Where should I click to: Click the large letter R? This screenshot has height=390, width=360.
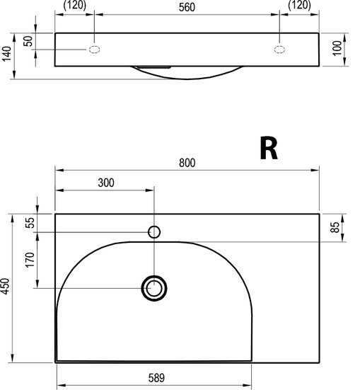point(268,149)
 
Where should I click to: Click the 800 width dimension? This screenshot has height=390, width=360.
point(187,163)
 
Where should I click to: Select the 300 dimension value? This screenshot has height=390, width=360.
point(105,183)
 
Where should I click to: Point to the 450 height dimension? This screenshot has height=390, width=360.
point(6,287)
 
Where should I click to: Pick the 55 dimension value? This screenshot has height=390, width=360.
point(29,223)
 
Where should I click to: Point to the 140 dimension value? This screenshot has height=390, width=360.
point(6,55)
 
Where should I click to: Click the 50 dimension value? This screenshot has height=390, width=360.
point(28,40)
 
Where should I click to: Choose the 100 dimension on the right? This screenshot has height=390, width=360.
point(337,49)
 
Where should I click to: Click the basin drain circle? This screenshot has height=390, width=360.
point(153,287)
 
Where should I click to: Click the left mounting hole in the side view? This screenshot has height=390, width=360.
point(95,49)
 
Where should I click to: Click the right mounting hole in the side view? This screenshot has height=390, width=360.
point(281,49)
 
